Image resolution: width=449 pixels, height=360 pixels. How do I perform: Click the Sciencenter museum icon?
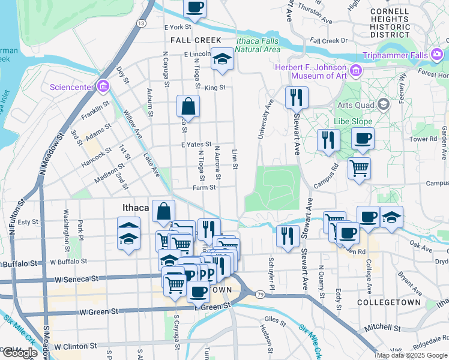104,87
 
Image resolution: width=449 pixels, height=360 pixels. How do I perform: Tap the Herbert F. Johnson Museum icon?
356,71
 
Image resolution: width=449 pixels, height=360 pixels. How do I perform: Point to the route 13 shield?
140,23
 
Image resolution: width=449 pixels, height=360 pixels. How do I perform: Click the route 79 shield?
259,294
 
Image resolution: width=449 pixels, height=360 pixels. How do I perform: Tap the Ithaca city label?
130,208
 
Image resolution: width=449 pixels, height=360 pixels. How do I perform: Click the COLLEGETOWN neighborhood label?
389,302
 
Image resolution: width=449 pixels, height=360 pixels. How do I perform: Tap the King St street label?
214,88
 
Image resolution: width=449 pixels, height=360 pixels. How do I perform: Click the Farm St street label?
204,188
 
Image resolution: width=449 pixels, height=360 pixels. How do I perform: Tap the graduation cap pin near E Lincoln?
222,59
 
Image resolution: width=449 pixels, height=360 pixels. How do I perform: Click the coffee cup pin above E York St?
194,8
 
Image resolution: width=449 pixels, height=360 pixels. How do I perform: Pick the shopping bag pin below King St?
188,107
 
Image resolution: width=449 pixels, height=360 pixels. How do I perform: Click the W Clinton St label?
76,346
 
